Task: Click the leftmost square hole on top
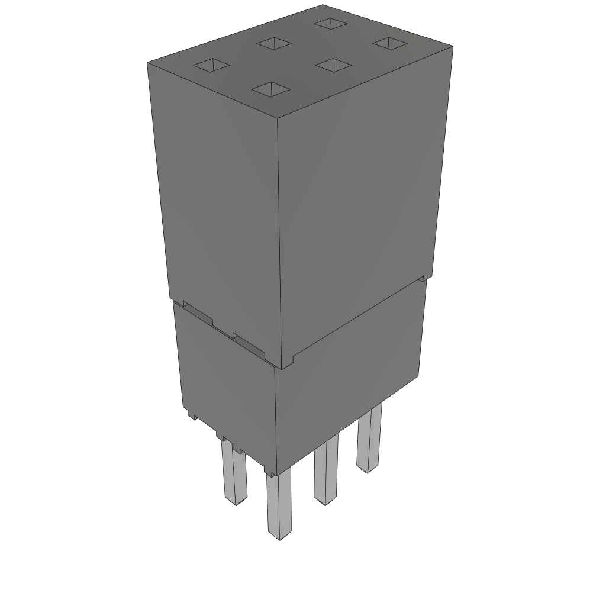coord(212,66)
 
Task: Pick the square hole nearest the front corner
coord(271,89)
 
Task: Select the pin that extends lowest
coord(278,506)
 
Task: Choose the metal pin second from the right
coord(325,470)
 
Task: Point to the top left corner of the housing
coord(147,62)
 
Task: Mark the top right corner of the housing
coord(453,47)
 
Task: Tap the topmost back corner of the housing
coord(323,5)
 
